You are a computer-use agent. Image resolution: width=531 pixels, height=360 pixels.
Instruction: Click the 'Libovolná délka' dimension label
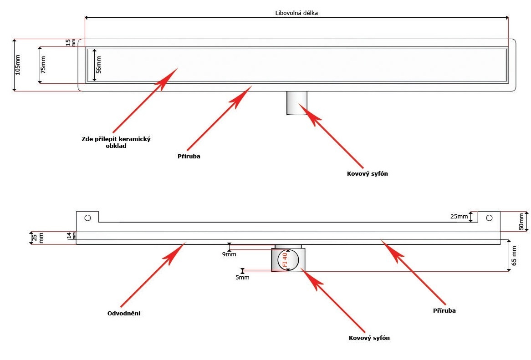tap(296, 13)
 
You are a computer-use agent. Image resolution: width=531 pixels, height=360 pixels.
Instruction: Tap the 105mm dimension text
tap(18, 65)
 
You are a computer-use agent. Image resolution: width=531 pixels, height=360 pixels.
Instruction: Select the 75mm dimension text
tap(43, 65)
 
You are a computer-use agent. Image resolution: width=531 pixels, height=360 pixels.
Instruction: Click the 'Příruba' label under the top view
tap(189, 156)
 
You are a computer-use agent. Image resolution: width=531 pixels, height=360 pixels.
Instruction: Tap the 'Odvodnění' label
tap(123, 314)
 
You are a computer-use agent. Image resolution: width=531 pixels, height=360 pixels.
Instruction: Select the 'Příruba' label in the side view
tap(444, 310)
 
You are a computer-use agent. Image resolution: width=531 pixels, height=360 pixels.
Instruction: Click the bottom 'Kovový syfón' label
tap(369, 338)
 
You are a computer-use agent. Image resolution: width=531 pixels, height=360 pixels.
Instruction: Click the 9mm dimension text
tap(229, 254)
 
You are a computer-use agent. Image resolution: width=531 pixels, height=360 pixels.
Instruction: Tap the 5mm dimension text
tap(242, 277)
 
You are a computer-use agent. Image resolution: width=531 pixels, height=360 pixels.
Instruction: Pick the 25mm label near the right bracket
tap(459, 217)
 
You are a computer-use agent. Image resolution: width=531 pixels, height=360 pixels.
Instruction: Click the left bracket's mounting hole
tap(87, 218)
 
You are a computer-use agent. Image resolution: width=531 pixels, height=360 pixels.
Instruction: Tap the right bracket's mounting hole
tap(489, 218)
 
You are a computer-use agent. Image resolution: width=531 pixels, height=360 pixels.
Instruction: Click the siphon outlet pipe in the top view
tap(297, 103)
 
